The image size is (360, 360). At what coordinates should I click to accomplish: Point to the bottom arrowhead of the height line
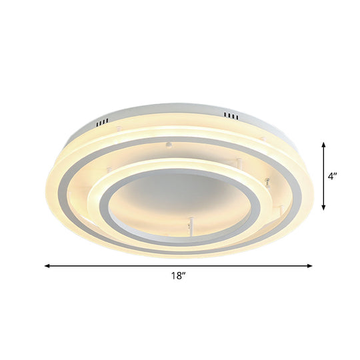325,209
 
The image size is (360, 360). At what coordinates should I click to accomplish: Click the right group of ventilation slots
230,117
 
